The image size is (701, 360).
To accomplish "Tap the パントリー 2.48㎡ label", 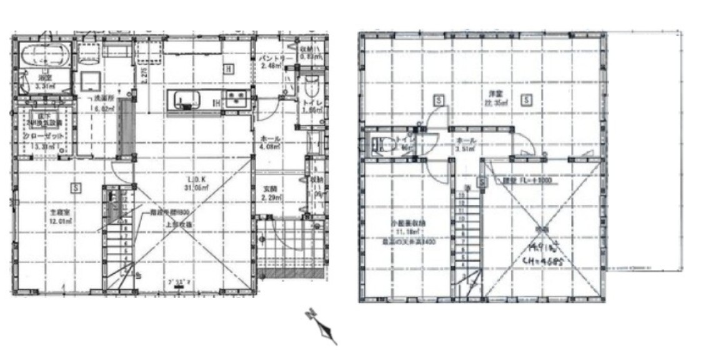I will pyautogui.click(x=276, y=62).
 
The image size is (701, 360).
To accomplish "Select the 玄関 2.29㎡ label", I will pyautogui.click(x=270, y=192).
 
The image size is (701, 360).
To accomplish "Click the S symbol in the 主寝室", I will pyautogui.click(x=76, y=187).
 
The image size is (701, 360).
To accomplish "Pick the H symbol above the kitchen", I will pyautogui.click(x=229, y=69).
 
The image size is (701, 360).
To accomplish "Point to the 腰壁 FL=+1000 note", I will pyautogui.click(x=522, y=181).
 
